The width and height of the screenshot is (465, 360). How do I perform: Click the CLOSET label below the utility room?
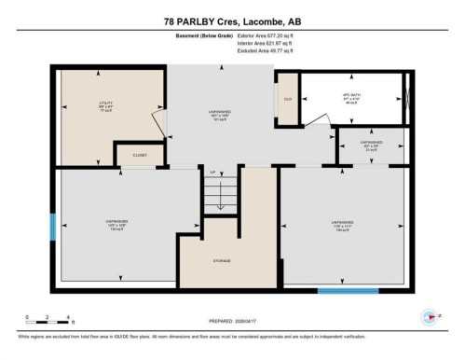[x=140, y=156]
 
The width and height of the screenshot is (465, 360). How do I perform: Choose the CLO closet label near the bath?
[x=288, y=97]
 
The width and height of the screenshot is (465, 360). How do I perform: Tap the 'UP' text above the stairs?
[x=212, y=173]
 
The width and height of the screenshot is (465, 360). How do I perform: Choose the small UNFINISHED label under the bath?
[x=371, y=145]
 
